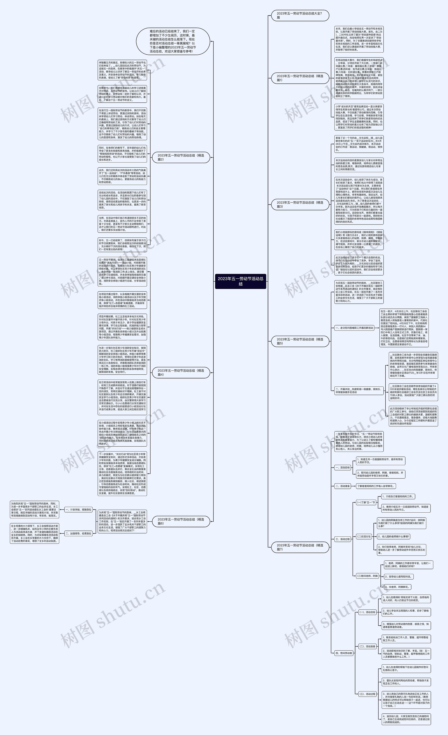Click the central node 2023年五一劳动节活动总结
pos(241,281)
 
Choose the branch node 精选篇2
pos(181,157)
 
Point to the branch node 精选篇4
pos(181,372)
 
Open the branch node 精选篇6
pos(181,521)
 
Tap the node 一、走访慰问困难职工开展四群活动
pos(354,328)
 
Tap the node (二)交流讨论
pos(364,536)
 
